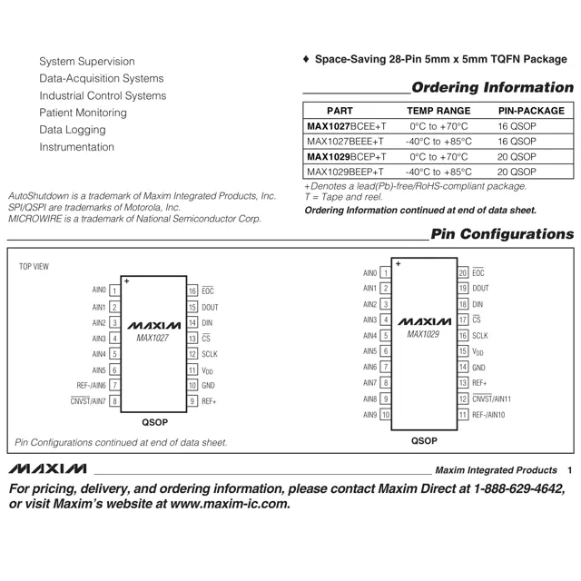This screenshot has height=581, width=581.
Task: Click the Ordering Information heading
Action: click(x=492, y=88)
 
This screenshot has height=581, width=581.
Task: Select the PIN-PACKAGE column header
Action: click(x=531, y=110)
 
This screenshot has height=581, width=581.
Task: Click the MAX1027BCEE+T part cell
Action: click(x=346, y=126)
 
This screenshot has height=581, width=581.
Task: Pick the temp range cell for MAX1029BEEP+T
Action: click(x=438, y=172)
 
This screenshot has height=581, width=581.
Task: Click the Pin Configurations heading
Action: click(x=502, y=234)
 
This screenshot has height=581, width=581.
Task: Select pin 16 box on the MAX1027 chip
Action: click(x=192, y=290)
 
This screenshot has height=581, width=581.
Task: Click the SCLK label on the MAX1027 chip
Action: click(x=210, y=354)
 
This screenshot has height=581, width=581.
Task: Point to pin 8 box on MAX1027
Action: click(x=114, y=401)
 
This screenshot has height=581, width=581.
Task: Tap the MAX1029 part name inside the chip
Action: click(x=423, y=334)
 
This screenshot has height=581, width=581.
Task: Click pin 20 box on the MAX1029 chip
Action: click(x=463, y=272)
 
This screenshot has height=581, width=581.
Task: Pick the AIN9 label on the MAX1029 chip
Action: click(x=369, y=415)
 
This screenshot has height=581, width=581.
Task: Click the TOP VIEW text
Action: click(x=34, y=267)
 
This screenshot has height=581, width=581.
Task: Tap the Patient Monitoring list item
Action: click(x=83, y=113)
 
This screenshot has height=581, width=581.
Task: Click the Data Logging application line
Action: click(x=72, y=130)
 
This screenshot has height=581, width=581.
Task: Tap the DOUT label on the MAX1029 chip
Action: click(x=480, y=288)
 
